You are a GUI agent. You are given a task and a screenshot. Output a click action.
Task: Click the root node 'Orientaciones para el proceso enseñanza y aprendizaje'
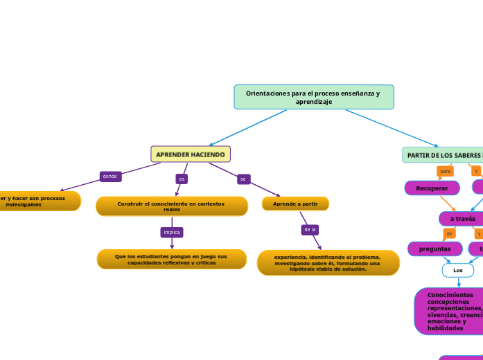[x=314, y=97]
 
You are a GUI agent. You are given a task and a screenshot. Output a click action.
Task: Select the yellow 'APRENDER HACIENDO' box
[x=191, y=154]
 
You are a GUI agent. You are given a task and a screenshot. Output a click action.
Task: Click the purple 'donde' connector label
[x=110, y=177]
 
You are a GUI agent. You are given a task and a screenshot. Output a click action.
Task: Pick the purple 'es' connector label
[x=182, y=179]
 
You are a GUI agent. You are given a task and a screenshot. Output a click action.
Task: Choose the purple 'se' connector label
[x=243, y=179]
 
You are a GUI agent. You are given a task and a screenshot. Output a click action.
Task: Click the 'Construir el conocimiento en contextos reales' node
[x=171, y=206]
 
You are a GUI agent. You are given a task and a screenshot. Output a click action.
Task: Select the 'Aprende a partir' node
[x=295, y=204]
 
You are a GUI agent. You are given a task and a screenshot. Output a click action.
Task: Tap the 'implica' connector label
[x=172, y=233]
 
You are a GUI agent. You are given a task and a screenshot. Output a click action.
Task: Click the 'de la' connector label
[x=310, y=229]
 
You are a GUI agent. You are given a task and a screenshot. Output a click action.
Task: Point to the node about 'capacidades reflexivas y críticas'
[x=171, y=259]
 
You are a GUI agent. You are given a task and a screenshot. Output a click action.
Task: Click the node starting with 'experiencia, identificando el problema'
[x=328, y=263]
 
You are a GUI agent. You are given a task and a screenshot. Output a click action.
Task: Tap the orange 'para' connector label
[x=445, y=171]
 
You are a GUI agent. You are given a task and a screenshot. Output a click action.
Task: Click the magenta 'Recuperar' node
[x=432, y=188]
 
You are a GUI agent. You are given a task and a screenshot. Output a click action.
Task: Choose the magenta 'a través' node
[x=462, y=219]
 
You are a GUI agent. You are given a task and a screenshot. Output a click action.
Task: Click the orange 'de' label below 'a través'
[x=449, y=234]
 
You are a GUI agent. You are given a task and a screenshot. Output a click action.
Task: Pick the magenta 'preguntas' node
[x=434, y=249]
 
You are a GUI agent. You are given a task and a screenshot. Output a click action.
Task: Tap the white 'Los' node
[x=457, y=270]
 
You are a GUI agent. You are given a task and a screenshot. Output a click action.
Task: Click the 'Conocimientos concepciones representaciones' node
[x=450, y=312]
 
